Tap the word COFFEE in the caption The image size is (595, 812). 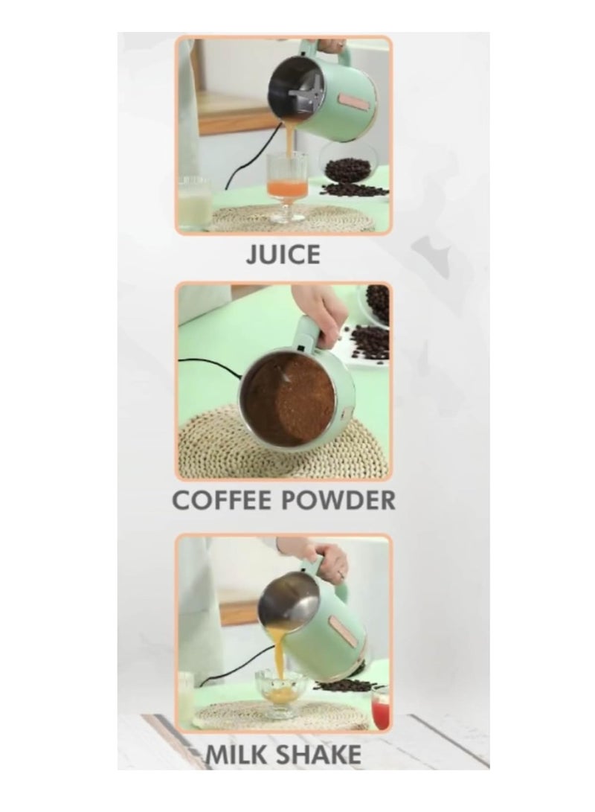tap(222, 499)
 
